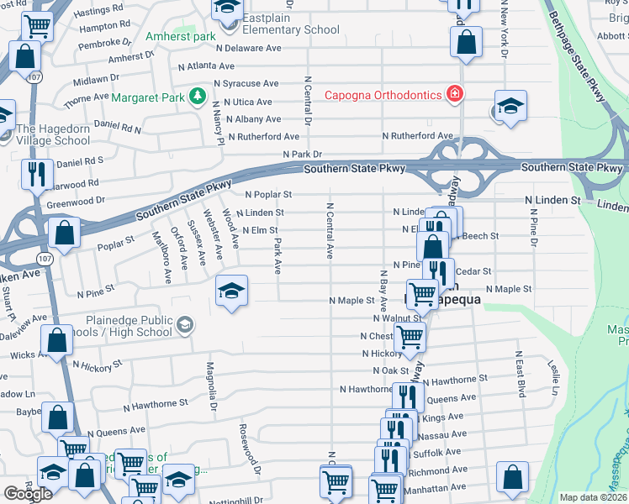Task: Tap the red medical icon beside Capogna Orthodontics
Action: coord(454,94)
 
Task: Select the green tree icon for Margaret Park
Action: coord(198,97)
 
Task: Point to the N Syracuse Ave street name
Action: coord(246,84)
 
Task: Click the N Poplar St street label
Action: coord(267,194)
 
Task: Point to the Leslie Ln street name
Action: coord(552,377)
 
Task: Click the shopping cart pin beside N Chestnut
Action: coord(409,337)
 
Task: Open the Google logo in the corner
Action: coord(29,494)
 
